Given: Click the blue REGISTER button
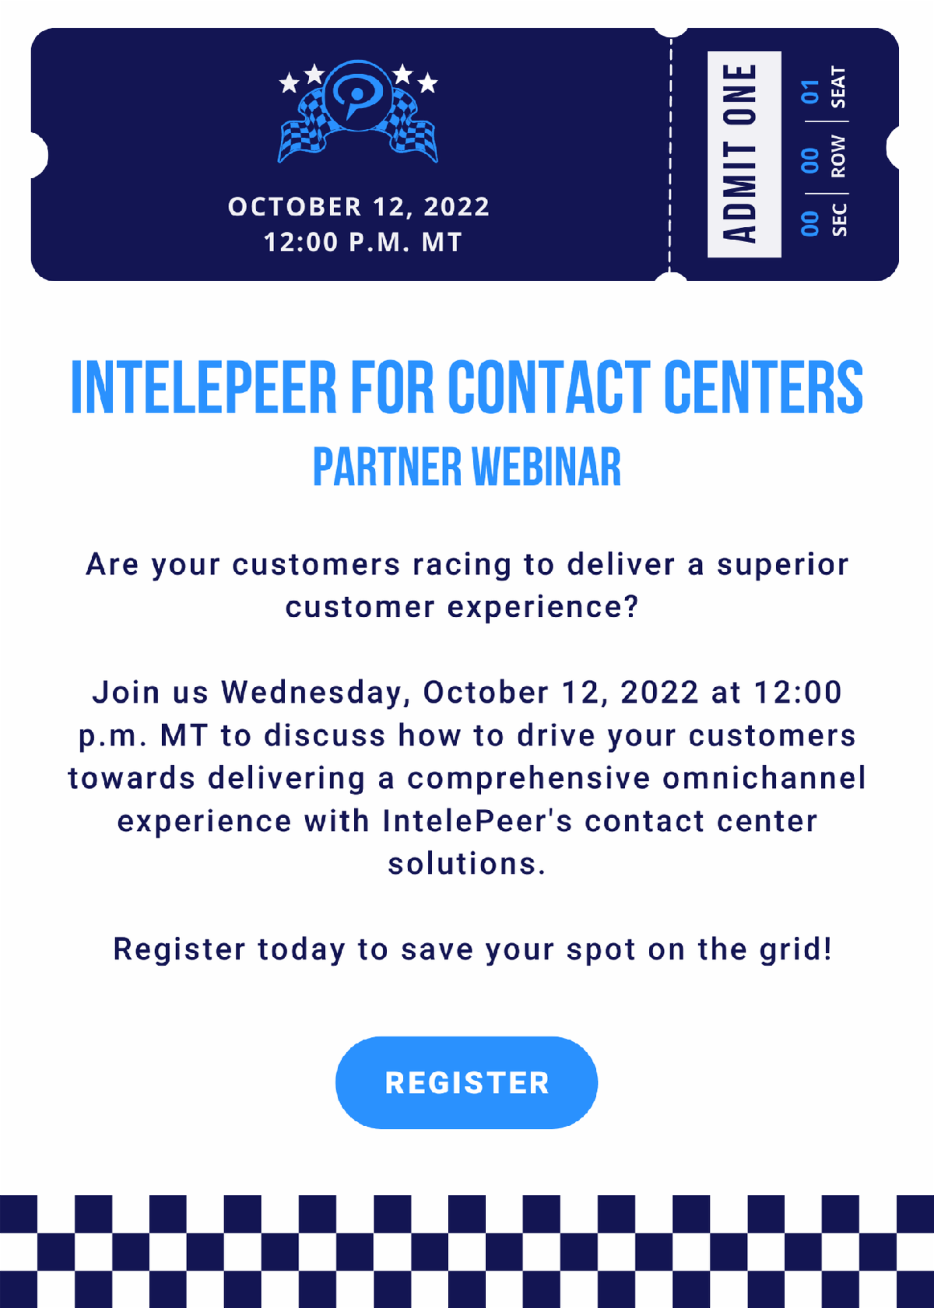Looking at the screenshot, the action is click(x=466, y=1082).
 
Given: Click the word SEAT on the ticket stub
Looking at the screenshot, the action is click(x=838, y=87).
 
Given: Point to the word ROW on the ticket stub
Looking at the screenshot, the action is click(x=838, y=156).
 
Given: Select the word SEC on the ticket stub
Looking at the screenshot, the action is click(x=839, y=219).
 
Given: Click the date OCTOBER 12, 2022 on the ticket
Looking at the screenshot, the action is click(x=359, y=207).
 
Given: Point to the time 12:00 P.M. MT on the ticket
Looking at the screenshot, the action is click(x=363, y=242).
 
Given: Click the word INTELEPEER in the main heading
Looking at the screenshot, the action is click(x=204, y=387).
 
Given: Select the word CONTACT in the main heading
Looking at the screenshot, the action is click(x=549, y=387).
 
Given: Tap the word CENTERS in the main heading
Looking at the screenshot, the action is click(x=764, y=387).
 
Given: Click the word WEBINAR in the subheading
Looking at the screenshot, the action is click(x=546, y=467).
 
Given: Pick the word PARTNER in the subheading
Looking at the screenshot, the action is click(x=388, y=467).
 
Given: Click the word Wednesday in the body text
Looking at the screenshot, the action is click(x=313, y=693).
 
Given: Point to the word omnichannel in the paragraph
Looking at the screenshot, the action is click(x=764, y=778).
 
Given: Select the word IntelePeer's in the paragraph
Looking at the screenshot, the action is click(x=478, y=821).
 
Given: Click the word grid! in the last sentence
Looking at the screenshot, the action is click(x=795, y=949).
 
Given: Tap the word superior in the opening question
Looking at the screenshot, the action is click(x=783, y=565).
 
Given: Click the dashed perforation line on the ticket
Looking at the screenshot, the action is click(x=671, y=155).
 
